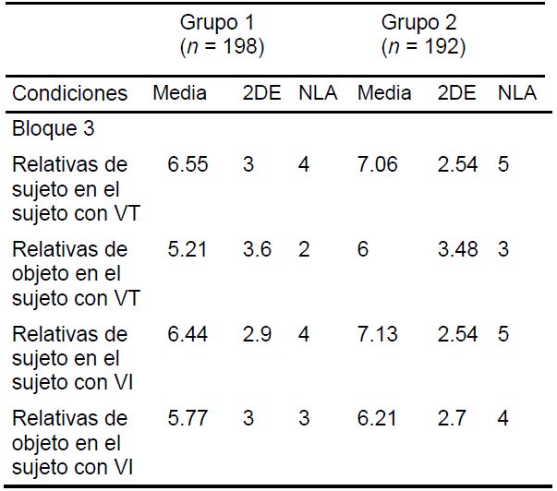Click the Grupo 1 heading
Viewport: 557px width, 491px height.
[221, 22]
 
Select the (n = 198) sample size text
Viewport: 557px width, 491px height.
[221, 47]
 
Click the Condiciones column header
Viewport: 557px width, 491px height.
[69, 93]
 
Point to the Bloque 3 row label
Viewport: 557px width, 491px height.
[54, 128]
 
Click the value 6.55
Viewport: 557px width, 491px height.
[188, 164]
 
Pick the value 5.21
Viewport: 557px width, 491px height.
[188, 249]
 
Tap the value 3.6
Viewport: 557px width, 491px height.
[257, 249]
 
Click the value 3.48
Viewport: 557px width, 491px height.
[457, 249]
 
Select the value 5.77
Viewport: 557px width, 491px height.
[188, 419]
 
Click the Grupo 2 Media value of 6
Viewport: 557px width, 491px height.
[363, 249]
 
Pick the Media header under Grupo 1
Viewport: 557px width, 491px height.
[180, 93]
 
